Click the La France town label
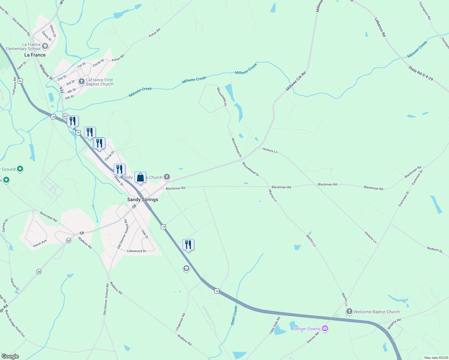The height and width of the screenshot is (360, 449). pos(35,55)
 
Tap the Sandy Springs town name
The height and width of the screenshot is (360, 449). pos(143,199)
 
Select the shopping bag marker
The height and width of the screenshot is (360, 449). pos(140,178)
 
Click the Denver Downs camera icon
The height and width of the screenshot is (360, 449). pos(325,328)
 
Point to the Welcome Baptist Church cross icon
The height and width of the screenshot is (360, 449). pos(349,312)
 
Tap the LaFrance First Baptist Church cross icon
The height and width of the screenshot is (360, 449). pos(81,82)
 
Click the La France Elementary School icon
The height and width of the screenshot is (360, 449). pos(45,46)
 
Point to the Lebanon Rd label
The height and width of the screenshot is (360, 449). pos(380,27)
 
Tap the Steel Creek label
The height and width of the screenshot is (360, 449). pos(234,315)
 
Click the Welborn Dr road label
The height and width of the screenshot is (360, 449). pos(435,250)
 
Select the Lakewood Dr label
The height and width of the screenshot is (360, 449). pos(137,251)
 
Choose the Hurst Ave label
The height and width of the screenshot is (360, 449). pos(40,243)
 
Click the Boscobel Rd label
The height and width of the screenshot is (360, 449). pos(48,217)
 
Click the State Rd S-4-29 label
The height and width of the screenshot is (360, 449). pos(420,73)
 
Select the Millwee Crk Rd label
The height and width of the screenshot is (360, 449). pos(296,81)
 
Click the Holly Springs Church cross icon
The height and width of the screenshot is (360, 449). pos(167,177)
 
